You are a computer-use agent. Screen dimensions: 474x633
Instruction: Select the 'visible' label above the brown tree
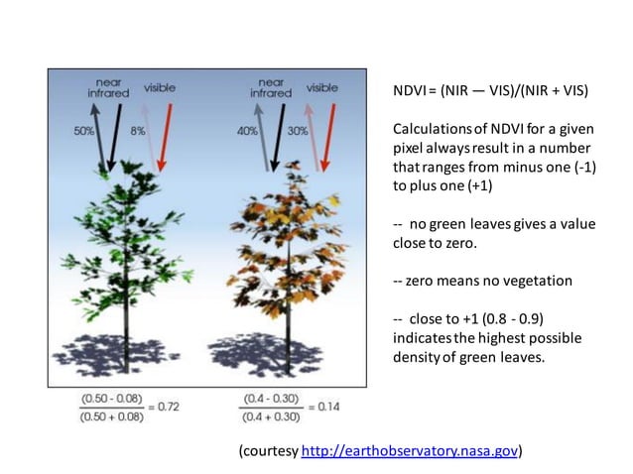[x=321, y=87]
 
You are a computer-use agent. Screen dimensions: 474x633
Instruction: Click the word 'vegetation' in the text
[x=537, y=281]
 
